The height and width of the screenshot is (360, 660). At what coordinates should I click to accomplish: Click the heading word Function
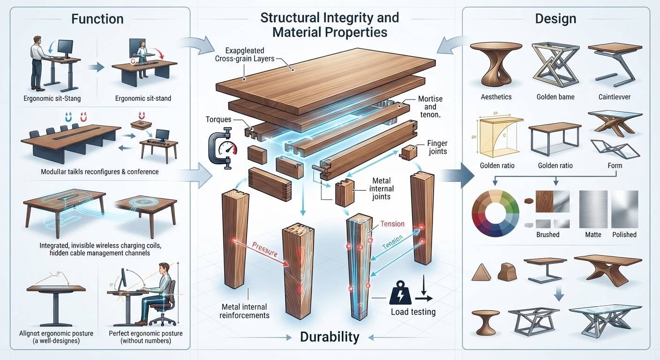[x=97, y=19]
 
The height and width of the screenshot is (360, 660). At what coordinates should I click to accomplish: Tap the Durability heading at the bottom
[x=330, y=337]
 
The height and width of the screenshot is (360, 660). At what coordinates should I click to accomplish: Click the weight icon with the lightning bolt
[x=400, y=293]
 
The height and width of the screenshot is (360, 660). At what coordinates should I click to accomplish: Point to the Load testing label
[x=413, y=312]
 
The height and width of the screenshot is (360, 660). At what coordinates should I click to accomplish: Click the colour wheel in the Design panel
[x=495, y=213]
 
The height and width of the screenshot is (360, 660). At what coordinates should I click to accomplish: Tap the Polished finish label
[x=624, y=234]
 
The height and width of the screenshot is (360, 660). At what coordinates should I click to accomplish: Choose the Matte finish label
[x=593, y=234]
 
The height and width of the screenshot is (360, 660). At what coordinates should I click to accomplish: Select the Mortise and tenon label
[x=430, y=107]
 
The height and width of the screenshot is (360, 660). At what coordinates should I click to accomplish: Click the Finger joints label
[x=437, y=147]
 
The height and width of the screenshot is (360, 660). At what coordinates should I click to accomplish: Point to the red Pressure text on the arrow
[x=265, y=249]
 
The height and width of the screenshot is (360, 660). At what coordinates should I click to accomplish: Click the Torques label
[x=218, y=120]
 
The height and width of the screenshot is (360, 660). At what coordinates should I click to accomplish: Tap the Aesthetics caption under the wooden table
[x=496, y=97]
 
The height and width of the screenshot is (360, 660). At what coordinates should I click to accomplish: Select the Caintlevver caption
[x=615, y=97]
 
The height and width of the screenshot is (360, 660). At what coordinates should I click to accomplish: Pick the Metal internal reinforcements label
[x=244, y=311]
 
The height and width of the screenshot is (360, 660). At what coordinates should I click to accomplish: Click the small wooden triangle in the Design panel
[x=481, y=272]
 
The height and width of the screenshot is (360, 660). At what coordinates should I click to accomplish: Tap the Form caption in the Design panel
[x=615, y=165]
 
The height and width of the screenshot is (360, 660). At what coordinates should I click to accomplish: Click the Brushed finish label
[x=548, y=234]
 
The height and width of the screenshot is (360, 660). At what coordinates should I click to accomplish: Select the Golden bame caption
[x=555, y=97]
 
